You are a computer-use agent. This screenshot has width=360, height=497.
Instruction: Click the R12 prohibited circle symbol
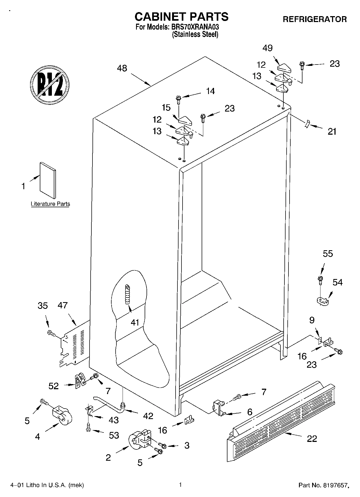coord(50,84)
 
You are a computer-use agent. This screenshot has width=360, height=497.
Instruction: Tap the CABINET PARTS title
coord(181,17)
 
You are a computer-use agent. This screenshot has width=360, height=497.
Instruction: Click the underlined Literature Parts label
coord(50,204)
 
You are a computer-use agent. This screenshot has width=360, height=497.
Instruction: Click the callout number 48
coord(122,68)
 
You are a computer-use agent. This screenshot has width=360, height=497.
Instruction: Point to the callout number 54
coord(337,282)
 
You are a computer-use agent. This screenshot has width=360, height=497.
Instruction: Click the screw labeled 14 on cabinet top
coord(178,99)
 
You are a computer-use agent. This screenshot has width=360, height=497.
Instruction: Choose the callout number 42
coord(148,416)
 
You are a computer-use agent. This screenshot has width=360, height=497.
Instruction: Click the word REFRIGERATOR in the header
coord(315,19)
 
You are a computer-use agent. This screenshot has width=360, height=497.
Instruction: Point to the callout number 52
coord(54,386)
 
